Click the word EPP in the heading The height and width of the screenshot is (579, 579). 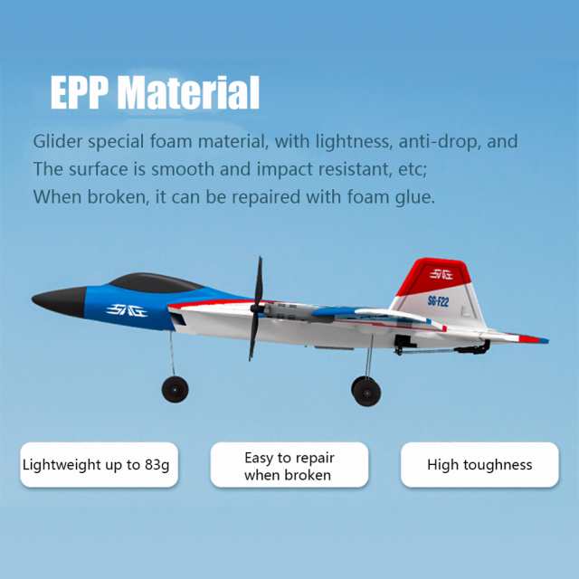click(80, 92)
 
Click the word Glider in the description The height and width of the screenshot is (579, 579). click(58, 142)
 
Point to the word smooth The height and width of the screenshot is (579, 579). click(183, 169)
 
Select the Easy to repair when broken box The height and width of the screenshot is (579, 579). click(289, 464)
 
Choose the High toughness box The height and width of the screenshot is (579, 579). click(479, 464)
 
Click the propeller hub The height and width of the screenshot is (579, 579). click(256, 308)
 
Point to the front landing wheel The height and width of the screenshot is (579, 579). click(175, 389)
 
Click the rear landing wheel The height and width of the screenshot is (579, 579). click(366, 391)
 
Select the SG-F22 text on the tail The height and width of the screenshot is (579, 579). click(438, 301)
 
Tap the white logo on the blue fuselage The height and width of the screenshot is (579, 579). click(127, 310)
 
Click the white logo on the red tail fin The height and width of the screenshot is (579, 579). click(441, 274)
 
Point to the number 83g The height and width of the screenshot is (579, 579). click(157, 465)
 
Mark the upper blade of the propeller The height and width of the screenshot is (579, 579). click(259, 280)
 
